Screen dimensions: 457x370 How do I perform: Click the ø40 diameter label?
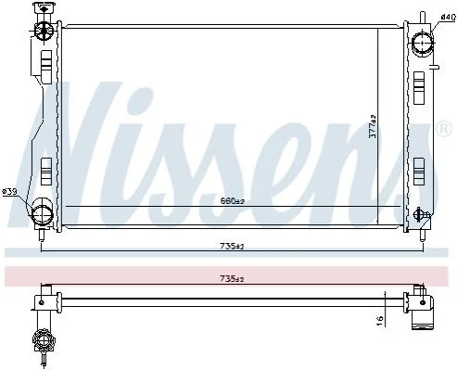(449, 17)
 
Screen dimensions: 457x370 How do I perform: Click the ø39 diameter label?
(9, 192)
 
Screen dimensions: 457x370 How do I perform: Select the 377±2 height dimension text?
(374, 126)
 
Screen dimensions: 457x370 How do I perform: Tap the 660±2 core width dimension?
(233, 201)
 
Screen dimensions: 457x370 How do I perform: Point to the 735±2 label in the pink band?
(232, 279)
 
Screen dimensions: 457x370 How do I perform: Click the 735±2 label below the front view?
(232, 247)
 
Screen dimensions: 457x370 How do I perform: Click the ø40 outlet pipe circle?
(423, 43)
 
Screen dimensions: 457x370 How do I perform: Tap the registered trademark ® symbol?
(444, 129)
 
